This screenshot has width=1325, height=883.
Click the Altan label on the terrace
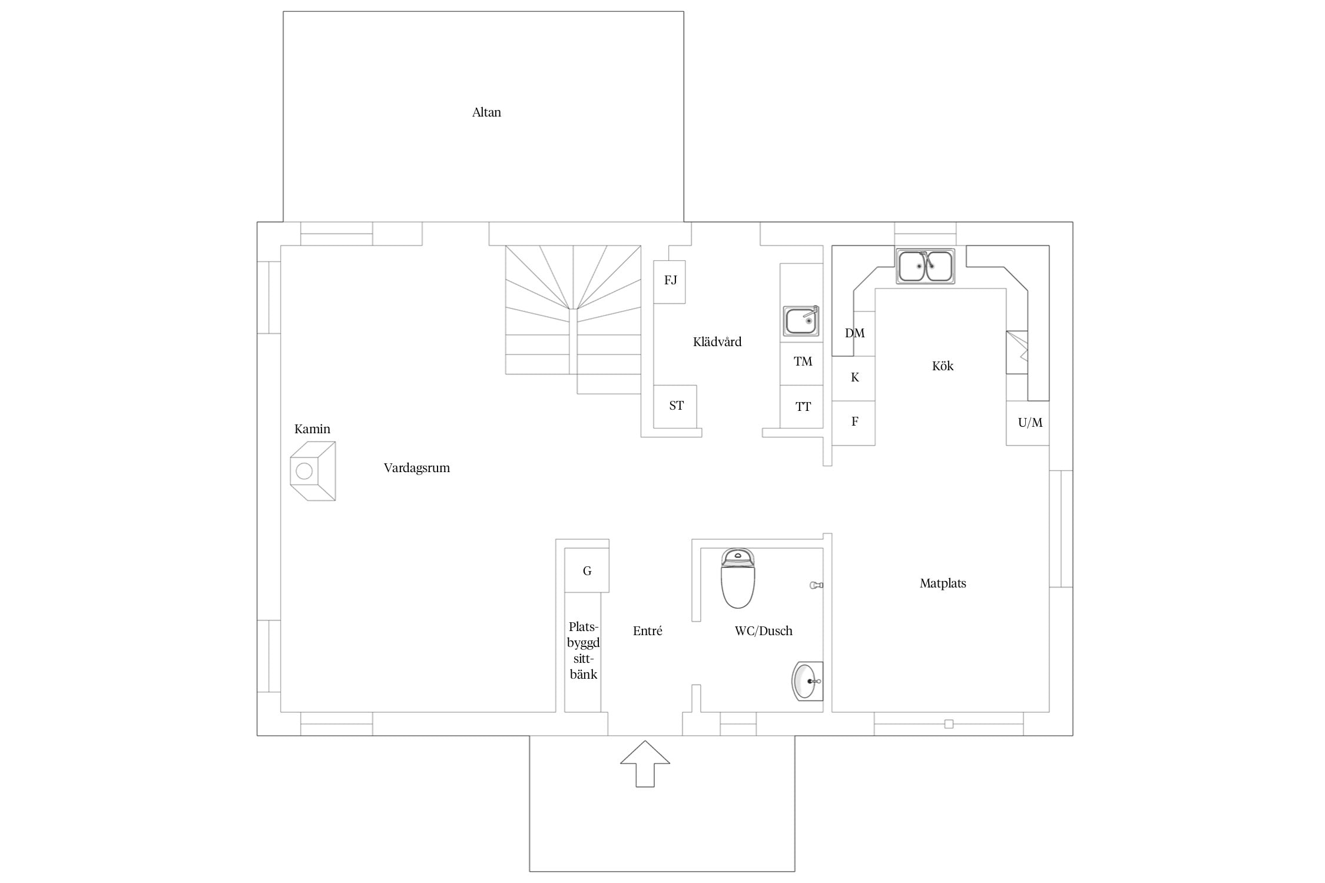(x=486, y=112)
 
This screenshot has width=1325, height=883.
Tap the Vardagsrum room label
(x=417, y=468)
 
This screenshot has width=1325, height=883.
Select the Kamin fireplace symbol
(x=313, y=471)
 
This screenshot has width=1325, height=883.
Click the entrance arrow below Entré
(x=645, y=764)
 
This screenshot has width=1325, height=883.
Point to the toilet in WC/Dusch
(x=738, y=578)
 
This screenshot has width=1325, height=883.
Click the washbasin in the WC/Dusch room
(x=807, y=681)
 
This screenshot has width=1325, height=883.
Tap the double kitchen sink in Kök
(x=925, y=266)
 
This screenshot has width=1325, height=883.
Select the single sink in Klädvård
(x=801, y=320)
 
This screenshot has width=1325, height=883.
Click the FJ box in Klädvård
(x=670, y=282)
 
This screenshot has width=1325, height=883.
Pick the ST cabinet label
(x=676, y=406)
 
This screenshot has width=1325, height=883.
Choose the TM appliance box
(x=801, y=364)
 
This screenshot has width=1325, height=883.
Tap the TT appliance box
(x=801, y=407)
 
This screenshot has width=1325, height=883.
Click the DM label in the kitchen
(x=854, y=333)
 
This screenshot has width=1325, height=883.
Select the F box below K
(x=853, y=423)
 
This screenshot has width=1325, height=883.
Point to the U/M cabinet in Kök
(x=1028, y=423)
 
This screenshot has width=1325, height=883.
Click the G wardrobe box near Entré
(x=587, y=570)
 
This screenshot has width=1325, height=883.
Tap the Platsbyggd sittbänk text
(x=584, y=650)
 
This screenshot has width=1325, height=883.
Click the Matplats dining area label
(x=943, y=583)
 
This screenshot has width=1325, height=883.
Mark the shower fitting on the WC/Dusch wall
(x=816, y=585)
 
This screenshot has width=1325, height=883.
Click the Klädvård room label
(x=717, y=342)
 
